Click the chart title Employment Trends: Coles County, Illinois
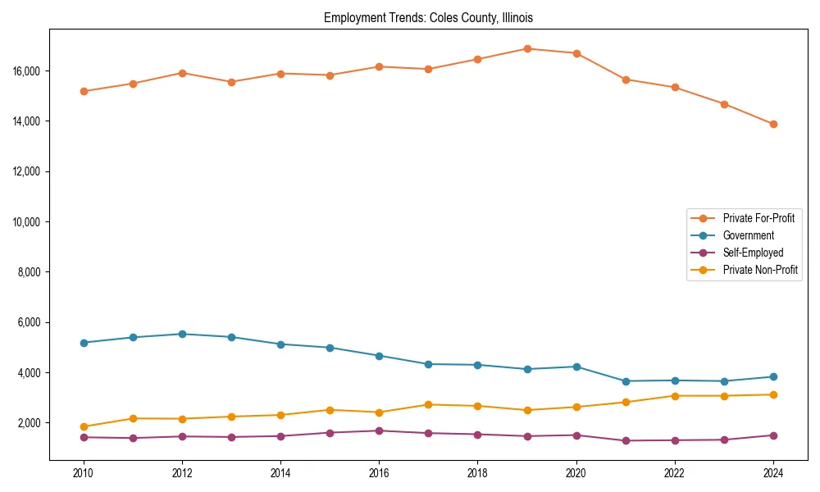[428, 17]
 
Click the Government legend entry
[748, 235]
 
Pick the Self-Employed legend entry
[753, 253]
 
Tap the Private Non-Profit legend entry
[760, 270]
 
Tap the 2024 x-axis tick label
[773, 472]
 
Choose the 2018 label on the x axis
[477, 472]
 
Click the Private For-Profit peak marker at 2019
[527, 49]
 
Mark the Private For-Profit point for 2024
[773, 125]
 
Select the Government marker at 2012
[182, 334]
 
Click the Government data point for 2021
[626, 381]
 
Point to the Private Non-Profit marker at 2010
[84, 426]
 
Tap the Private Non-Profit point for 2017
[428, 404]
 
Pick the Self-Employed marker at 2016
[379, 430]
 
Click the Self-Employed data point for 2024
[773, 435]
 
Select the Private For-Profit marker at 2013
[231, 82]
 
